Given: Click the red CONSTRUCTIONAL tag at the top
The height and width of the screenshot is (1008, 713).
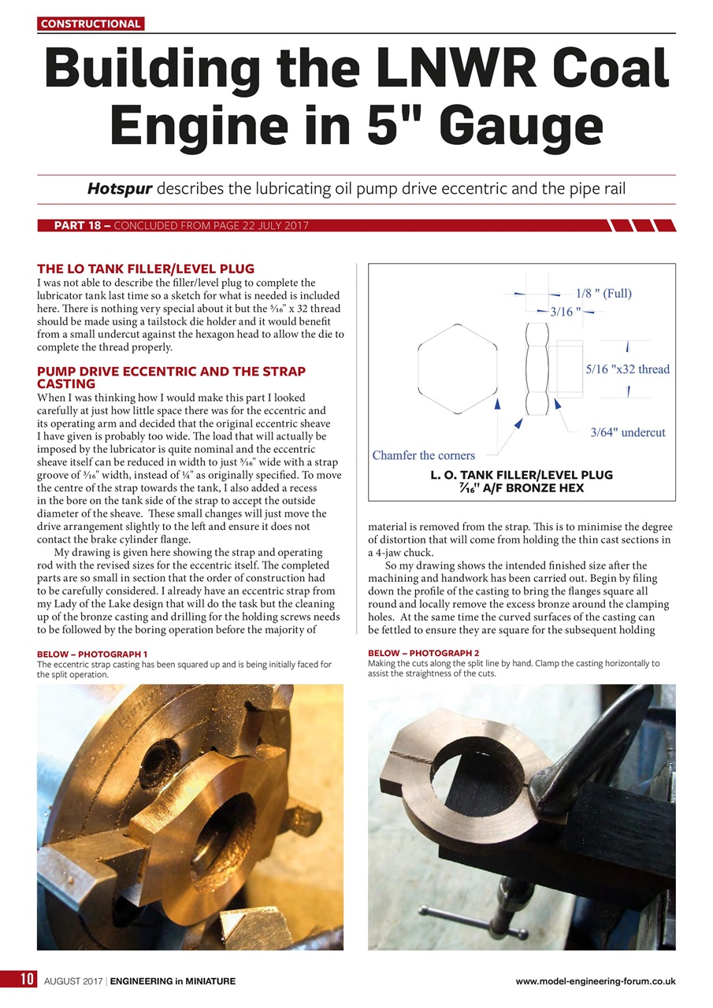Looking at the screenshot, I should (91, 24).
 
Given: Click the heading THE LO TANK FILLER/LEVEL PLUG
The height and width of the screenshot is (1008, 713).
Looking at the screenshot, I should (146, 269).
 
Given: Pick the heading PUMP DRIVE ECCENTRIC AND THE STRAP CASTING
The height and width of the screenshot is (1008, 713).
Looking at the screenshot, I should (171, 376).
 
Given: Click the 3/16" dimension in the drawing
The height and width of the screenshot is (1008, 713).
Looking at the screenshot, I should (565, 312).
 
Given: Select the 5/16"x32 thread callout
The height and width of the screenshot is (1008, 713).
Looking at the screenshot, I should (627, 369).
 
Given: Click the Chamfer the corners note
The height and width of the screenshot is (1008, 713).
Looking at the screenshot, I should (423, 455).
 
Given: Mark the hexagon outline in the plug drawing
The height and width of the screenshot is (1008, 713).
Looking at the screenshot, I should (458, 369).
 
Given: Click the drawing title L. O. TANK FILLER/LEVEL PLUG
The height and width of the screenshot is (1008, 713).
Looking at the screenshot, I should (521, 475).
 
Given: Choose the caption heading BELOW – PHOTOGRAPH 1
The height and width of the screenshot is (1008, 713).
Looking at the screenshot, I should (92, 654).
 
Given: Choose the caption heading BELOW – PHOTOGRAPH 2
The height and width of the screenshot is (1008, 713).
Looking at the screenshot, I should (423, 654).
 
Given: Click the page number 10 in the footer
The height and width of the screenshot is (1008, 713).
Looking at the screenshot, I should (27, 980).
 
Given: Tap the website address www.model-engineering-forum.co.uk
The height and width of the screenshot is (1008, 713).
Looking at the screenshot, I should (595, 981).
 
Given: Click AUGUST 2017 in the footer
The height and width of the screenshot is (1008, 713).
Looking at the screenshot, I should (73, 981).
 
